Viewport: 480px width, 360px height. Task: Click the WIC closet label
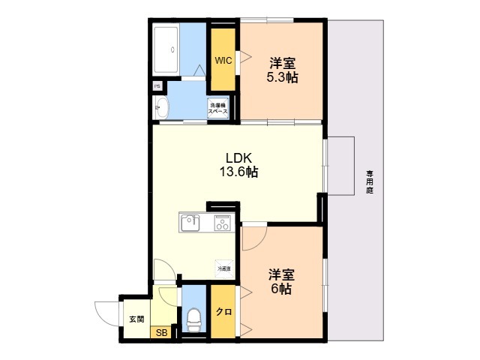223,60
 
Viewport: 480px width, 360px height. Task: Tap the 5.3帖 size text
282,76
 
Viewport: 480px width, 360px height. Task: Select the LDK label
241,158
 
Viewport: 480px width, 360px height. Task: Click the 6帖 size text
281,289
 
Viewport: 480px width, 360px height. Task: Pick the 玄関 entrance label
136,319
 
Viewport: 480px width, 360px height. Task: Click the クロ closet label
223,312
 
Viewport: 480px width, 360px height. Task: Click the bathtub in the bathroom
166,50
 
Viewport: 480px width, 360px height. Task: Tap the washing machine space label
219,109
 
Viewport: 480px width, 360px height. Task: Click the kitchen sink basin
188,223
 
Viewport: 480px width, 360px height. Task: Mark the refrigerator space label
223,268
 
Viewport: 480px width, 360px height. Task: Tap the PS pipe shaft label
157,86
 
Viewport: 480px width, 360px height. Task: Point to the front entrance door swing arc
106,311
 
